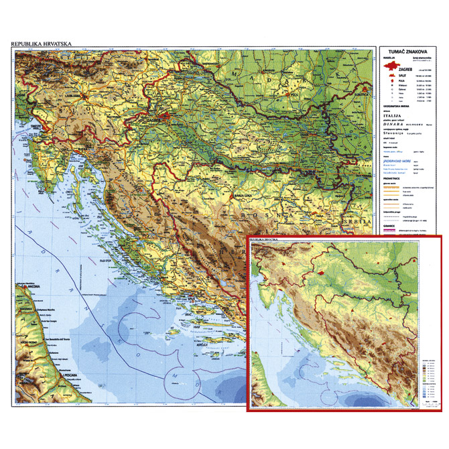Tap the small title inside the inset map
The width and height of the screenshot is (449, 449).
[x=263, y=239]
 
